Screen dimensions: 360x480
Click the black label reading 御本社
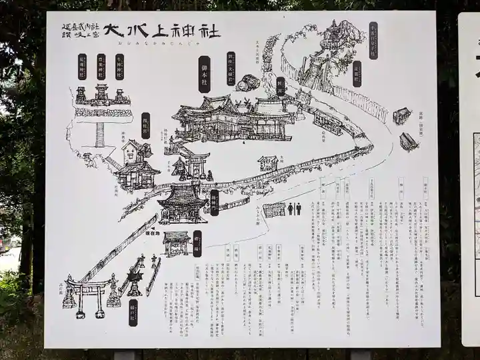click(x=204, y=74)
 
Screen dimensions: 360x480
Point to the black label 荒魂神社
click(x=82, y=67)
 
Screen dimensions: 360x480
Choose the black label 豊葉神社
click(x=101, y=67)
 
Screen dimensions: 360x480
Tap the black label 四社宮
click(x=146, y=125)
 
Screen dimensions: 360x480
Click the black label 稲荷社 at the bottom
click(x=133, y=312)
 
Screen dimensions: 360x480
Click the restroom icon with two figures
click(x=294, y=209)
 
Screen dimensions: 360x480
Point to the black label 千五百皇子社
click(x=373, y=39)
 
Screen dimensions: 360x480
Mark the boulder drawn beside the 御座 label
click(x=248, y=83)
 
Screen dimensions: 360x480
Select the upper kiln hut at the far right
click(x=401, y=116)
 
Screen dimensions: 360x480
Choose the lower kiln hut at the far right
click(x=409, y=141)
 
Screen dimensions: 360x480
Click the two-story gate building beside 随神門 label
click(x=181, y=203)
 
